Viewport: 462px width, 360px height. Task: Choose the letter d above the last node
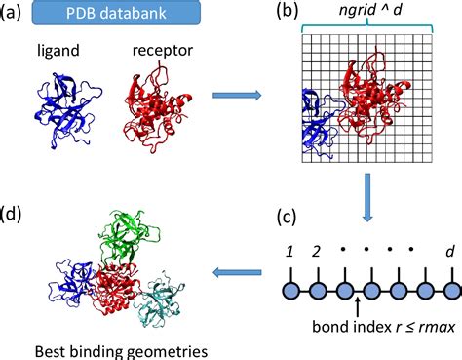point(451,253)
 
